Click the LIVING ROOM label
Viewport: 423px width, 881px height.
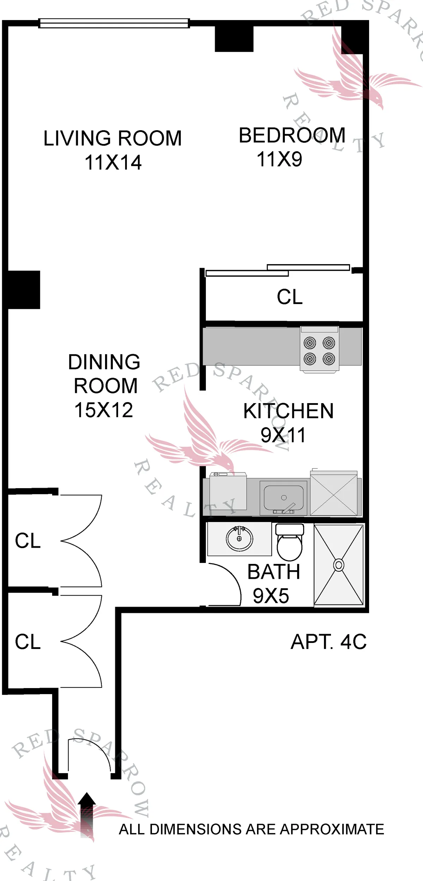[x=112, y=138]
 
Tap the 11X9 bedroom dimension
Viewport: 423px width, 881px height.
[x=279, y=159]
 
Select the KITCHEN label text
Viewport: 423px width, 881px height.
[x=288, y=411]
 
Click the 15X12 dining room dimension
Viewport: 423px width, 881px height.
[x=104, y=410]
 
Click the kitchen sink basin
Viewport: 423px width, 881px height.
[x=283, y=497]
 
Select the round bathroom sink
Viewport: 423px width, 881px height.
[x=239, y=539]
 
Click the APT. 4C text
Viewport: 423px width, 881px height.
[x=329, y=642]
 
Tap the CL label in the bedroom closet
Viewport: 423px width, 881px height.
[x=289, y=297]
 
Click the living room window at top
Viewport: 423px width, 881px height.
[x=114, y=23]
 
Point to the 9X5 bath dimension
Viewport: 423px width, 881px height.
[x=271, y=596]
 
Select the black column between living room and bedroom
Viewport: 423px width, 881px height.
[x=234, y=39]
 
